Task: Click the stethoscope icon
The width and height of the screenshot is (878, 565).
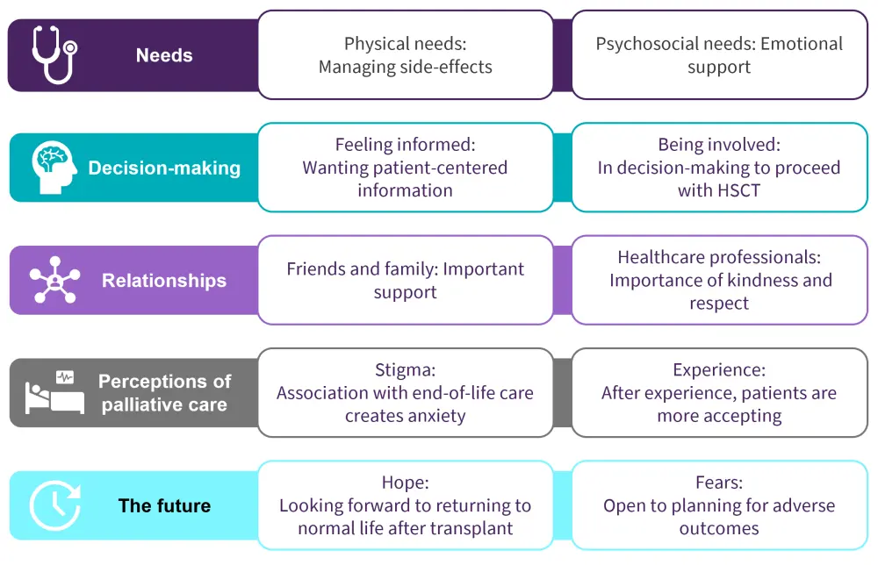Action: click(x=54, y=54)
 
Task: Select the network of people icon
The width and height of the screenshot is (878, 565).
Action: click(x=54, y=281)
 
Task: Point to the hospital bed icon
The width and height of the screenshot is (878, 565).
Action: click(x=54, y=393)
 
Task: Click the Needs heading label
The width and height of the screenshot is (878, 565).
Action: click(x=164, y=55)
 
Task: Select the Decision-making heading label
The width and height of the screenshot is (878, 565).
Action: click(x=164, y=168)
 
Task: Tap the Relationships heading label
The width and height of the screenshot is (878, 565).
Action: click(x=164, y=281)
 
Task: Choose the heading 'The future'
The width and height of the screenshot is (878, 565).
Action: click(x=164, y=506)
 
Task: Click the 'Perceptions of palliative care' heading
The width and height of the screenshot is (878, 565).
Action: click(x=164, y=393)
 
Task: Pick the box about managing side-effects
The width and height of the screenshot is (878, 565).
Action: click(x=405, y=54)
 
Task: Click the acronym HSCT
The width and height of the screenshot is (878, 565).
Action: click(x=718, y=190)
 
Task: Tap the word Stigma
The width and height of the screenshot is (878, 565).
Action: click(x=402, y=371)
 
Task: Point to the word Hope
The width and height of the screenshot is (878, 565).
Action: click(x=402, y=483)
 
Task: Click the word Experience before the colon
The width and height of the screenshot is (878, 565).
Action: click(x=716, y=371)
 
